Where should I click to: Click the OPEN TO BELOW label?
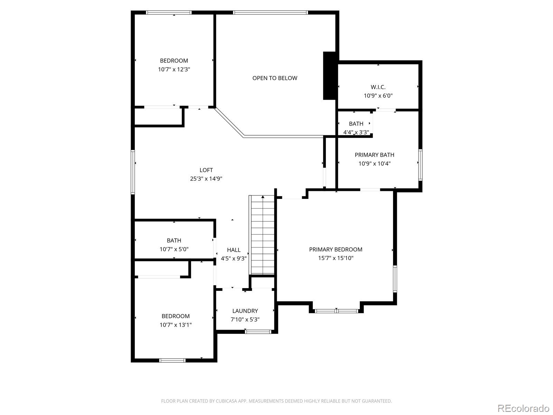pos(275,78)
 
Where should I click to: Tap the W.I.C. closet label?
pos(378,87)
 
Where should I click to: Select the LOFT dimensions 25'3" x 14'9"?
pos(206,179)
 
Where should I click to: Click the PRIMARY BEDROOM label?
pos(336,249)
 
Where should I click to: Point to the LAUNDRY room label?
pos(245,311)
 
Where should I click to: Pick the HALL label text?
pos(234,250)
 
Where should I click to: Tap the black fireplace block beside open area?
pos(330,76)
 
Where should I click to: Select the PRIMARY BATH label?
pos(374,155)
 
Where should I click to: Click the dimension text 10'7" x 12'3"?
pos(174,70)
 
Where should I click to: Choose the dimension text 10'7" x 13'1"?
pos(176,325)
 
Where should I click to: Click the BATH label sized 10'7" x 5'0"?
pos(174,240)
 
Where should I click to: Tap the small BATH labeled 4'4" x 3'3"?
pos(356,124)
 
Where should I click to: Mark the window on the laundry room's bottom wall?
pos(258,332)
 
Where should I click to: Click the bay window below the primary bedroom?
pos(336,311)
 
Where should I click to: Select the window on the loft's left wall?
pos(133,172)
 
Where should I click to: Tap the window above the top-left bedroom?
pos(169,13)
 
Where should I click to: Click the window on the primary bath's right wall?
pos(420,165)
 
